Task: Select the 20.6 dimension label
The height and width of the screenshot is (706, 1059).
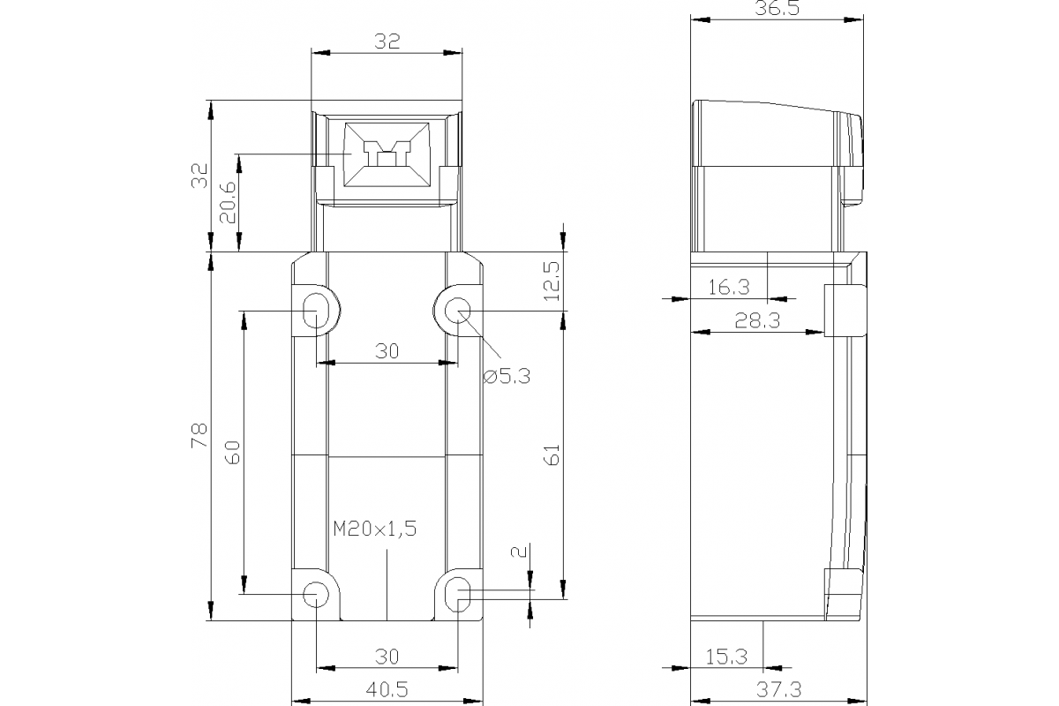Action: click(227, 202)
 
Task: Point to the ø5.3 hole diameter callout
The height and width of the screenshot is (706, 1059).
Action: click(507, 376)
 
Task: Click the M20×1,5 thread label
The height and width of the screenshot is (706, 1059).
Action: click(374, 529)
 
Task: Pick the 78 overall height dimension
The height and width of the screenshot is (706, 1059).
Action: click(199, 435)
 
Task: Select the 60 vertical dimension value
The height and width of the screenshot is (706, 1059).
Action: click(232, 454)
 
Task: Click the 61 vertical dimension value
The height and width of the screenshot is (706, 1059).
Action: click(552, 455)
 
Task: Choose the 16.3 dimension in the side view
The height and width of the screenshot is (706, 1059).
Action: click(729, 287)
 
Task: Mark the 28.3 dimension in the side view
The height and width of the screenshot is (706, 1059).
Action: click(757, 321)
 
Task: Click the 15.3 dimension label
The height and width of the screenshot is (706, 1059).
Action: click(726, 657)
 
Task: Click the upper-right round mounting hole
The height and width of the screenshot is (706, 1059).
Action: click(457, 311)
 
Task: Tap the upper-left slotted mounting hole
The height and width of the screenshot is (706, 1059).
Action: click(315, 311)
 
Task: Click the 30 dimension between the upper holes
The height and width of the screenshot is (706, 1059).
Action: click(387, 351)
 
